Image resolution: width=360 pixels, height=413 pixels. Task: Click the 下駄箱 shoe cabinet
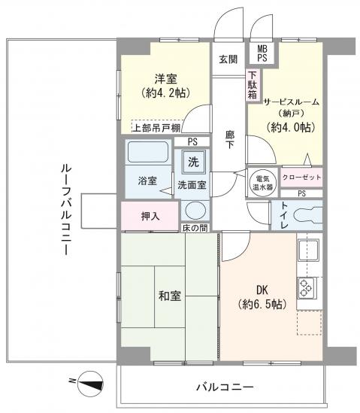point(253,85)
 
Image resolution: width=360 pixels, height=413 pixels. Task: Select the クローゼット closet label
point(301,177)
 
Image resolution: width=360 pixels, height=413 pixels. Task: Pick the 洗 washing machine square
point(193,162)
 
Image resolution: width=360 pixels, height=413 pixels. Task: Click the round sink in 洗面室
point(194,211)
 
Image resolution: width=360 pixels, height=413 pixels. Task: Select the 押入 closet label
point(150,216)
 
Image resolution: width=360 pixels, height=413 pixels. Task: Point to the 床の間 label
point(196,227)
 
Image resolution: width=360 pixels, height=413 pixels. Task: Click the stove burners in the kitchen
point(308,287)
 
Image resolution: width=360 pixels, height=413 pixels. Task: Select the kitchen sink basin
point(309,250)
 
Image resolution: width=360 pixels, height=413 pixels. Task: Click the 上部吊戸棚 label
point(156,128)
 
